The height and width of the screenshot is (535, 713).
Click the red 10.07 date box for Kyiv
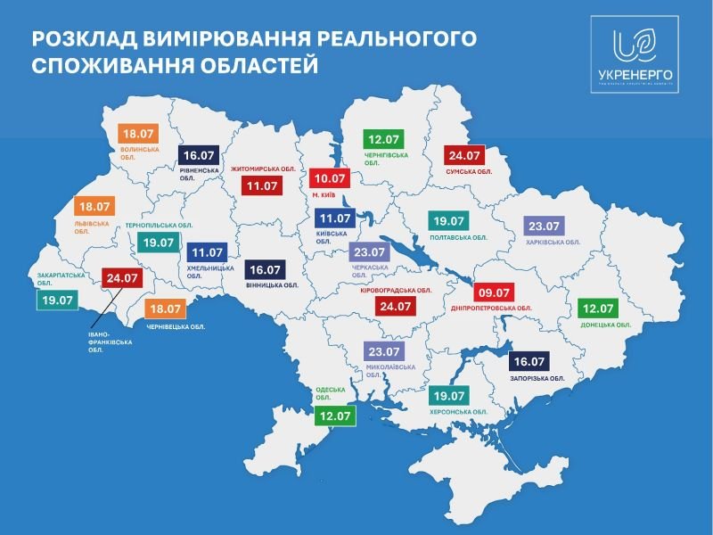click(x=329, y=177)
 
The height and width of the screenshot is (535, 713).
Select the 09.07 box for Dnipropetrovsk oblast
click(x=492, y=292)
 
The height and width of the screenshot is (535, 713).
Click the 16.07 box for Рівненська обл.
click(x=198, y=154)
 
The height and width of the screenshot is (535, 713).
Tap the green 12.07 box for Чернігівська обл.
click(x=384, y=139)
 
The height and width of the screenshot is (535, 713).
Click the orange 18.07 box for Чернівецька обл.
click(x=166, y=309)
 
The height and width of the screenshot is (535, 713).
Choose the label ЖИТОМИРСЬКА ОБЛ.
click(x=263, y=168)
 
